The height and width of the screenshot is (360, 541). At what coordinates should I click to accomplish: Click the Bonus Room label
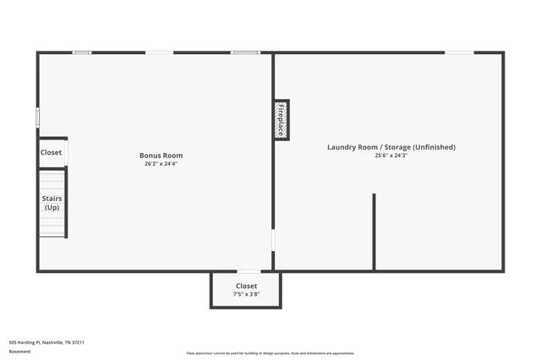tap(161, 155)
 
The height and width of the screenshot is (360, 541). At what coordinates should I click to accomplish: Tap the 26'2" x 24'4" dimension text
tap(161, 164)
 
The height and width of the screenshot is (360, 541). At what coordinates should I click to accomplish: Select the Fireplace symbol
tap(281, 120)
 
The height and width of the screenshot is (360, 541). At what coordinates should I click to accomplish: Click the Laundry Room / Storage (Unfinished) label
tap(391, 147)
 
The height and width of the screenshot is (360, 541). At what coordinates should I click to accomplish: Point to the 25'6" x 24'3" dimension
tap(391, 155)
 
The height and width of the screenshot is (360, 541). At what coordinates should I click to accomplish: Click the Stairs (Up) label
tap(52, 203)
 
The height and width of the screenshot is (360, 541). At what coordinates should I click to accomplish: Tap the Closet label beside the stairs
tap(51, 153)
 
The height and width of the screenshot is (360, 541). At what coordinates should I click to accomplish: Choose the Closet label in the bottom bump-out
tap(247, 286)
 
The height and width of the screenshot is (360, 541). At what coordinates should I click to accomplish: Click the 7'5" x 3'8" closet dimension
tap(247, 294)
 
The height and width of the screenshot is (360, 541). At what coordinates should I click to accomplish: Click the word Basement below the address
tap(19, 351)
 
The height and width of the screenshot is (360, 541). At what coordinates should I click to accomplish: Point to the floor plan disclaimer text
tap(270, 353)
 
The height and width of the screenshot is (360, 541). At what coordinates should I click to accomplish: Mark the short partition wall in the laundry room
tap(374, 232)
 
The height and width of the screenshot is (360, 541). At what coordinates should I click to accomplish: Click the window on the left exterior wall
tap(37, 117)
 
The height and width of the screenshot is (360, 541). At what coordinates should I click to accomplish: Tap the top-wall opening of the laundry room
tap(459, 53)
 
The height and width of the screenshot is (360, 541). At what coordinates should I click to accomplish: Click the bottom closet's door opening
tap(249, 271)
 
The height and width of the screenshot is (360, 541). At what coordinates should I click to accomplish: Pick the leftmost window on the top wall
tap(82, 52)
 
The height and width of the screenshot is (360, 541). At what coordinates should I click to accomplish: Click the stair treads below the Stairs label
tap(52, 224)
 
